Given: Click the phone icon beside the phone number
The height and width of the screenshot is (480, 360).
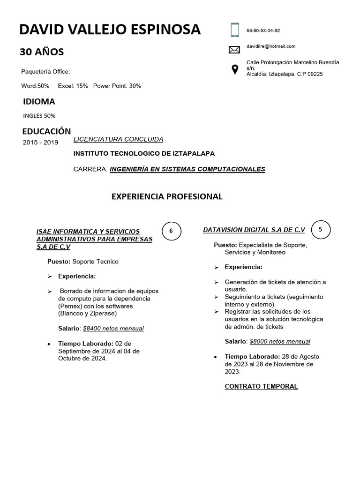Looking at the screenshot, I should (x=234, y=30).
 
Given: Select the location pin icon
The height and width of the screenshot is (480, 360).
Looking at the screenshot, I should (x=234, y=69).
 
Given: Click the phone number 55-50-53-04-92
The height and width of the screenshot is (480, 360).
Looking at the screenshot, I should (x=263, y=30).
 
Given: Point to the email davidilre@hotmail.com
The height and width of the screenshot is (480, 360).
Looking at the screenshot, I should (x=271, y=46).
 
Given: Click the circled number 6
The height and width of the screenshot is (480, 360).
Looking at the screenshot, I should (x=171, y=231).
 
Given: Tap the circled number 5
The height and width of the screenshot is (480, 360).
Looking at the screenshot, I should (x=321, y=229).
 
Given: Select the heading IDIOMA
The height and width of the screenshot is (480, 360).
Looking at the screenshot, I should (x=39, y=101).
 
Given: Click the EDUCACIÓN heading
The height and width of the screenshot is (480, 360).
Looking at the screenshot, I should (x=47, y=131).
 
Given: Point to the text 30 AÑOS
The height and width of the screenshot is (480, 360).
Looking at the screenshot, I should (x=42, y=52).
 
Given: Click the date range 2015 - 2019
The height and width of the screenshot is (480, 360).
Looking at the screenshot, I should (x=40, y=142).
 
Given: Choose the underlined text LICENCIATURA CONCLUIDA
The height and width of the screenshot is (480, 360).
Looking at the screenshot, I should (x=119, y=139).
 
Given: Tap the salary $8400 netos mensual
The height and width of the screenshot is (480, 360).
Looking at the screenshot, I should (x=113, y=328).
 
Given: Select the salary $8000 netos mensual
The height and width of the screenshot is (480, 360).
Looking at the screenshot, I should (x=280, y=341).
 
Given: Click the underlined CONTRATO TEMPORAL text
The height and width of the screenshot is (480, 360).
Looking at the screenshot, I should (x=261, y=386).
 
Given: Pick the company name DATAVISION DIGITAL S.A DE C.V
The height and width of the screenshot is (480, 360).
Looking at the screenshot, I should (x=254, y=230).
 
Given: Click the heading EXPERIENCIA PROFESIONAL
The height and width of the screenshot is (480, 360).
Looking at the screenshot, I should (x=167, y=196).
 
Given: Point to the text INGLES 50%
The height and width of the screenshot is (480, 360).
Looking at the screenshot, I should (x=39, y=115).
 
